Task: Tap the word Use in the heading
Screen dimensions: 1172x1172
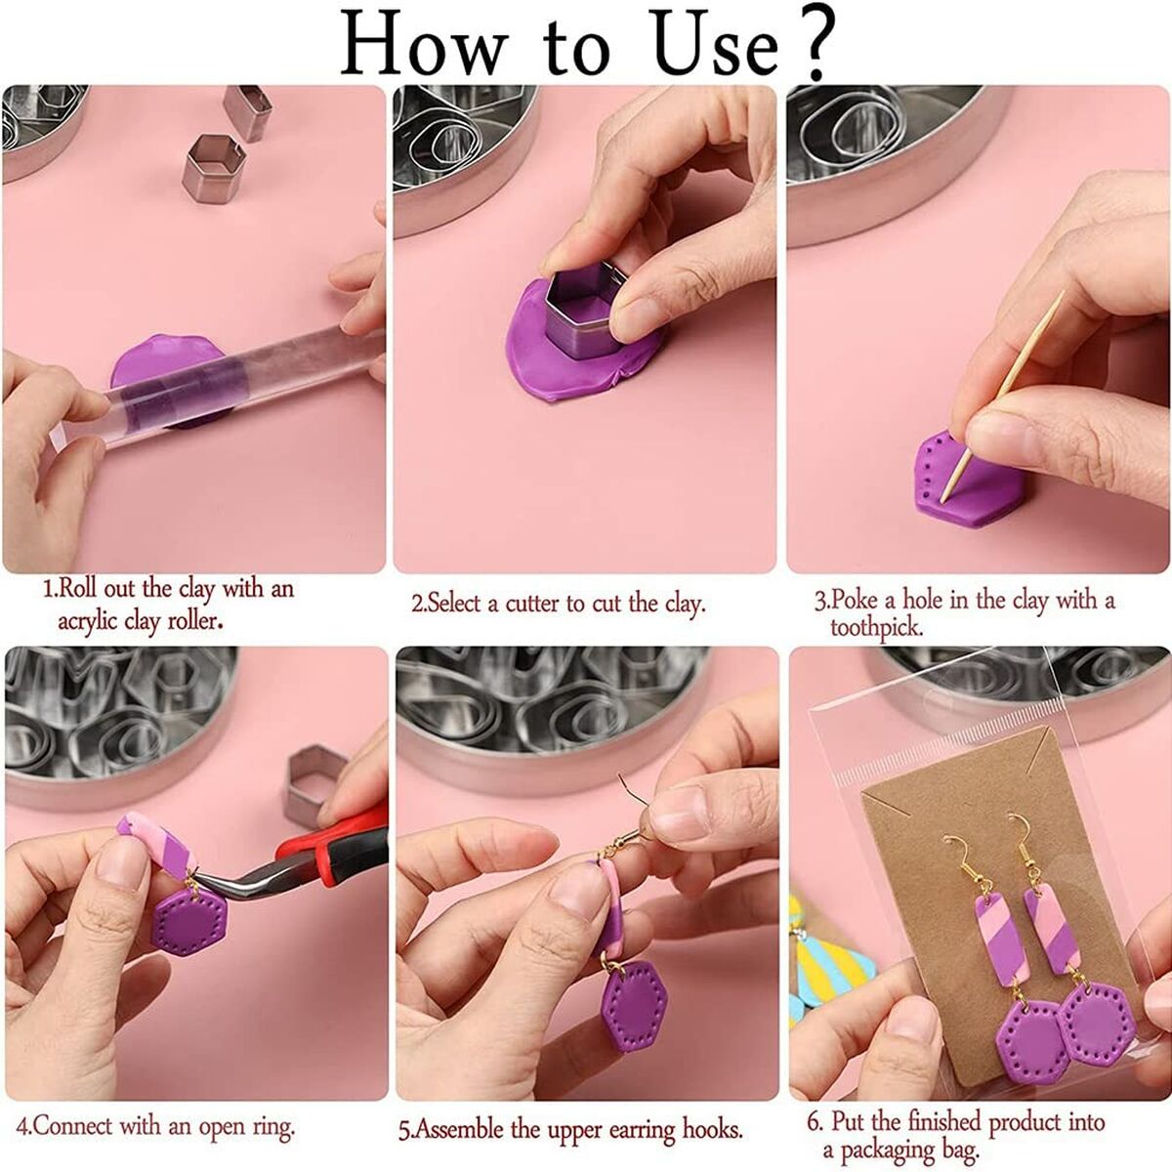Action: tap(717, 46)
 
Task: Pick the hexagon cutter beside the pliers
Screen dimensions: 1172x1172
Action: tap(314, 786)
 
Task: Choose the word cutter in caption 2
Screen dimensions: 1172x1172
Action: tap(531, 604)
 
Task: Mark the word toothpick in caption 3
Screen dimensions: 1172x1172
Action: tap(877, 628)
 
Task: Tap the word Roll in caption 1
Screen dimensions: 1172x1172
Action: tap(78, 589)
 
